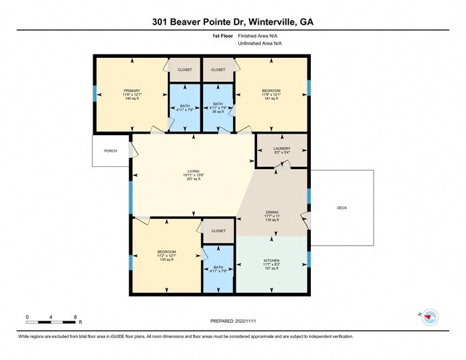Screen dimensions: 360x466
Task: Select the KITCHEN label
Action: (271, 260)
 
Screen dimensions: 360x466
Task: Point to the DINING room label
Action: (272, 213)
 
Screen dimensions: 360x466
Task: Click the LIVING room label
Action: (193, 171)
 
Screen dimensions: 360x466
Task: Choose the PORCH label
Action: (111, 151)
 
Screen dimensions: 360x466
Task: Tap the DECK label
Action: (342, 208)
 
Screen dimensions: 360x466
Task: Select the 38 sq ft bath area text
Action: (218, 112)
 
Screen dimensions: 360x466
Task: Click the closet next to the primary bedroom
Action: (184, 70)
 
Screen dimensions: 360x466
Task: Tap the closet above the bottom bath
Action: (218, 231)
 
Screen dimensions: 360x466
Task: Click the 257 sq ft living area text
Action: (193, 179)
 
